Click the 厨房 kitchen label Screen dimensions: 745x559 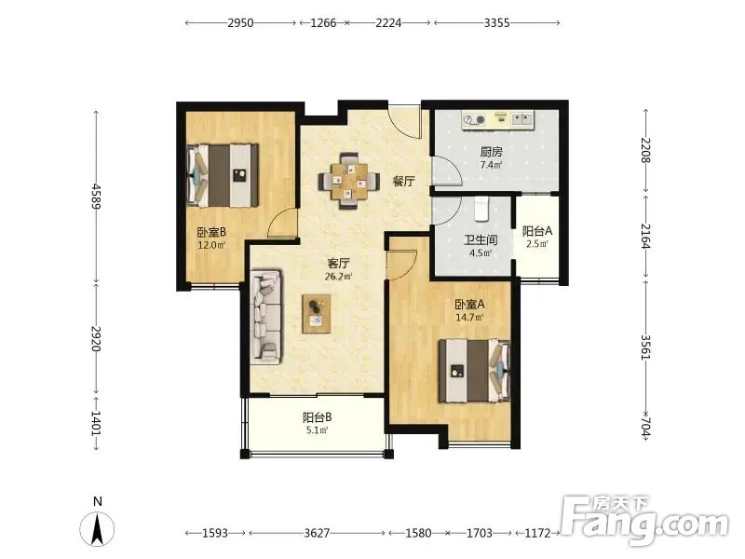tap(491, 152)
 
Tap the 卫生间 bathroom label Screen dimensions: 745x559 tap(481, 240)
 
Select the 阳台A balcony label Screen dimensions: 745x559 tap(537, 231)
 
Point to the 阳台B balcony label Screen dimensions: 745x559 tap(317, 417)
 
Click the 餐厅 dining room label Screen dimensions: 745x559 tap(403, 181)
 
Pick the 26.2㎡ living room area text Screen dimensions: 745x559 tap(338, 276)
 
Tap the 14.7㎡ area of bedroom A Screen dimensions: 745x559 tap(469, 318)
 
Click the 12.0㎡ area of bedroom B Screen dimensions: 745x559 tap(211, 245)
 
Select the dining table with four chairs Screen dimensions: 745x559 tap(349, 181)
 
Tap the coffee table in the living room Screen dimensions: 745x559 tap(317, 314)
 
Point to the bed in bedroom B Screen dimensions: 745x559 tap(223, 175)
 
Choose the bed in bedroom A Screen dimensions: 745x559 tap(475, 370)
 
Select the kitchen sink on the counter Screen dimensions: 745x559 tap(522, 118)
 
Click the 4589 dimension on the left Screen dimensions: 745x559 tap(97, 196)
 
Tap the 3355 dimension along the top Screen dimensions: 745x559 tap(497, 22)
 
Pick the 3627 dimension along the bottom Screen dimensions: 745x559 tap(317, 533)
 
